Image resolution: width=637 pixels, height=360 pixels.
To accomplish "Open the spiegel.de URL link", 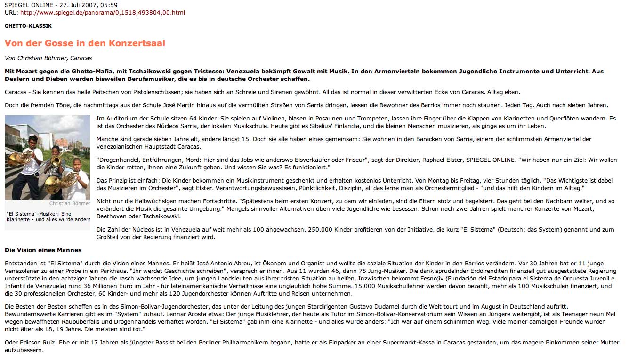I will tap(102, 12).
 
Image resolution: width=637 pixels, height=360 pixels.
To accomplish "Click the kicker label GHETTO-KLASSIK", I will tap(28, 26).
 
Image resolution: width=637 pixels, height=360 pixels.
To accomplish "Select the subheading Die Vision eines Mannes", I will tap(43, 250).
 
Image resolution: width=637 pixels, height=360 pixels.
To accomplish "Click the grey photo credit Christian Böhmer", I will tap(70, 204).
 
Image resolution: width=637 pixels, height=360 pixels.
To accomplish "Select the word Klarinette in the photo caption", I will tap(18, 219).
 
